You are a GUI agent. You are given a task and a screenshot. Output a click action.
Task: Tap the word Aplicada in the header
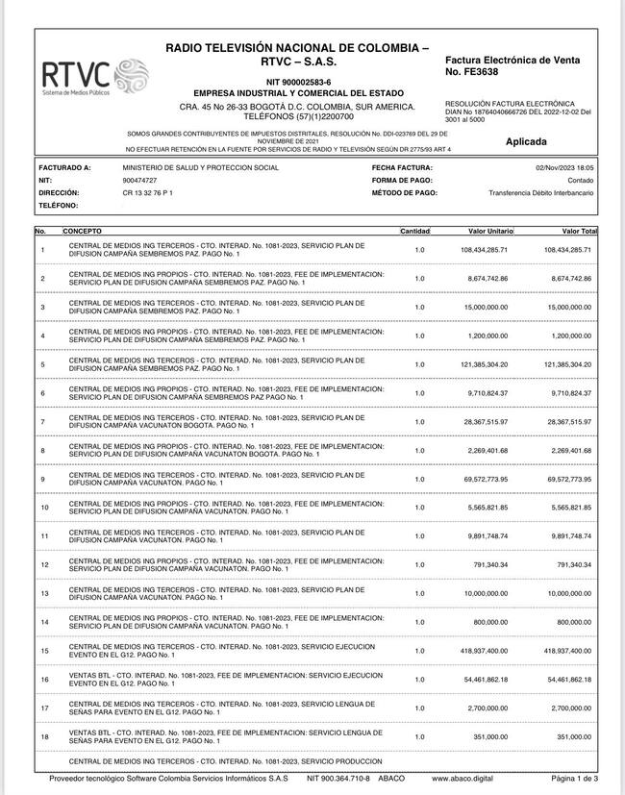pos(533,141)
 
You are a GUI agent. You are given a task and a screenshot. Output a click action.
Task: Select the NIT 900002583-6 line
pos(297,82)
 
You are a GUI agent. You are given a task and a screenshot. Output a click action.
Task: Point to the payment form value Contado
pos(581,180)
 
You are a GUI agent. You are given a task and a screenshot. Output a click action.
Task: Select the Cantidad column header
pos(415,232)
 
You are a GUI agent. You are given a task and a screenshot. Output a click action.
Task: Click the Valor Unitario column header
pos(490,232)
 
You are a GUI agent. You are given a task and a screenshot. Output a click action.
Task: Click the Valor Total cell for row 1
pos(567,250)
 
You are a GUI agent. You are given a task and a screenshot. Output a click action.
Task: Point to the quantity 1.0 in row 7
pos(419,422)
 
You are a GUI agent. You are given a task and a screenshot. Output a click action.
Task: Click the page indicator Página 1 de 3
pos(574,779)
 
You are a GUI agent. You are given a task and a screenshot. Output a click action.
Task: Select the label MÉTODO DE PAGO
pos(404,193)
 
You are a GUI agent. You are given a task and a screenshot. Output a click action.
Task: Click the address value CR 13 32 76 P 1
pos(148,193)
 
